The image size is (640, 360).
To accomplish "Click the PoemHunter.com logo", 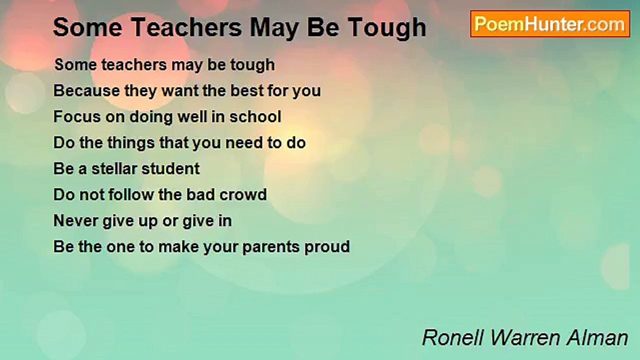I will pyautogui.click(x=550, y=24).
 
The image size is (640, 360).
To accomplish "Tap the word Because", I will pyautogui.click(x=86, y=91).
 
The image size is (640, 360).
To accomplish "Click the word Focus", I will pyautogui.click(x=73, y=117).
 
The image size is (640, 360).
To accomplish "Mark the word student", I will pyautogui.click(x=170, y=169).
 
